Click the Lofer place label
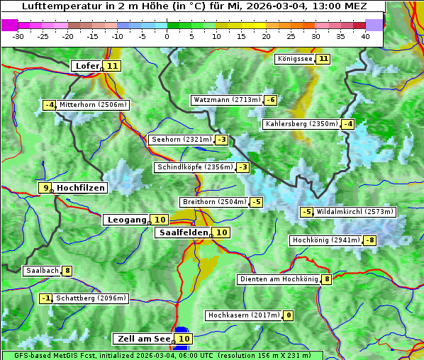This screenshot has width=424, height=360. pyautogui.click(x=87, y=66)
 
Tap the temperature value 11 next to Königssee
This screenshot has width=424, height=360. pyautogui.click(x=324, y=59)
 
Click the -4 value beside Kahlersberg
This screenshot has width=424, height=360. pyautogui.click(x=347, y=125)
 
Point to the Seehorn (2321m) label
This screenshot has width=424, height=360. pyautogui.click(x=182, y=140)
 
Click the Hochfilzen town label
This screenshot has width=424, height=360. pyautogui.click(x=81, y=188)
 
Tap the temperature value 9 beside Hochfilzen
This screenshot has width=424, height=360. pyautogui.click(x=45, y=188)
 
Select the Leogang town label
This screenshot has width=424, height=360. pyautogui.click(x=126, y=220)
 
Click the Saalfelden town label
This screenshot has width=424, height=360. pyautogui.click(x=183, y=232)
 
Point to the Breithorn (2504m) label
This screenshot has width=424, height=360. pyautogui.click(x=213, y=202)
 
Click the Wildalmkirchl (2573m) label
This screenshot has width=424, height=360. pyautogui.click(x=355, y=212)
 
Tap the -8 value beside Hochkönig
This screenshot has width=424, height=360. pyautogui.click(x=370, y=240)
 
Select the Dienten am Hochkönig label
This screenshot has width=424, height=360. pyautogui.click(x=279, y=279)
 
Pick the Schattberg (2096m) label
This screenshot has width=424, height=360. pyautogui.click(x=91, y=298)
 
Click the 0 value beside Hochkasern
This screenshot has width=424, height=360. pyautogui.click(x=288, y=315)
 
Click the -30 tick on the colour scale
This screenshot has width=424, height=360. pyautogui.click(x=18, y=36)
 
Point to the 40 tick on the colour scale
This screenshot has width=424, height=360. pyautogui.click(x=364, y=36)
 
